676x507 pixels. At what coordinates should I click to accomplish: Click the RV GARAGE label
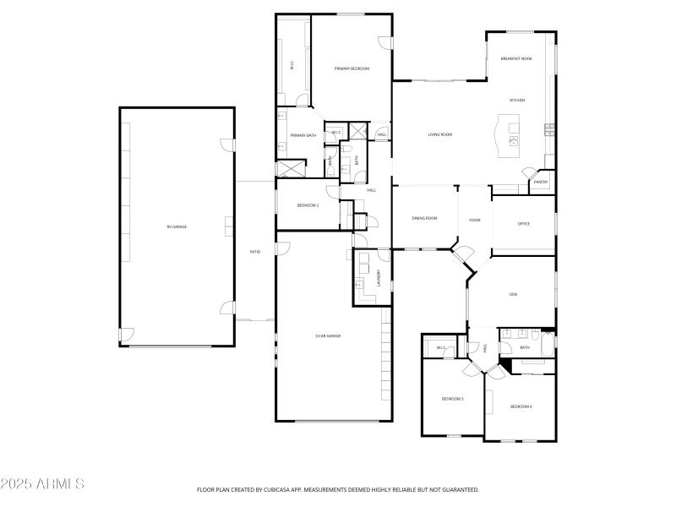pos(177,226)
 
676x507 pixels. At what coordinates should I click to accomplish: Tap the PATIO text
pos(254,252)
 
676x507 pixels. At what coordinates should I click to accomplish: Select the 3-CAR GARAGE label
pos(328,335)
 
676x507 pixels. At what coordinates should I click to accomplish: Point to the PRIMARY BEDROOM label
pos(352,68)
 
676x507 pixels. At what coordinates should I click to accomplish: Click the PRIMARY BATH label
pos(303,135)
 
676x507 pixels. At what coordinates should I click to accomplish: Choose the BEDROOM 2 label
pos(308,205)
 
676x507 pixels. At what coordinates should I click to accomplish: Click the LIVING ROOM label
pos(440,134)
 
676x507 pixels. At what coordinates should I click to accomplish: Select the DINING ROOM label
pos(424,218)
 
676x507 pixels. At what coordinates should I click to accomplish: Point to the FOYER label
pos(475,220)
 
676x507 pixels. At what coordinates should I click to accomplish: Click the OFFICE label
pos(523,224)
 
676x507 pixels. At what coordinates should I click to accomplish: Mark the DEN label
pos(513,294)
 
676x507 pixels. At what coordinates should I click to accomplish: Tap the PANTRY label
pos(541,182)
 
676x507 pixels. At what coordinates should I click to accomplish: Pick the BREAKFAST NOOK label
pos(516,58)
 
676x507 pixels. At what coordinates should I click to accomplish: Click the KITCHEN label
pos(516,100)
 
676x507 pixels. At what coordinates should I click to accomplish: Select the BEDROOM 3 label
pos(452,398)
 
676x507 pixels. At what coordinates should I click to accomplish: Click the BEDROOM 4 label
pos(521,406)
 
